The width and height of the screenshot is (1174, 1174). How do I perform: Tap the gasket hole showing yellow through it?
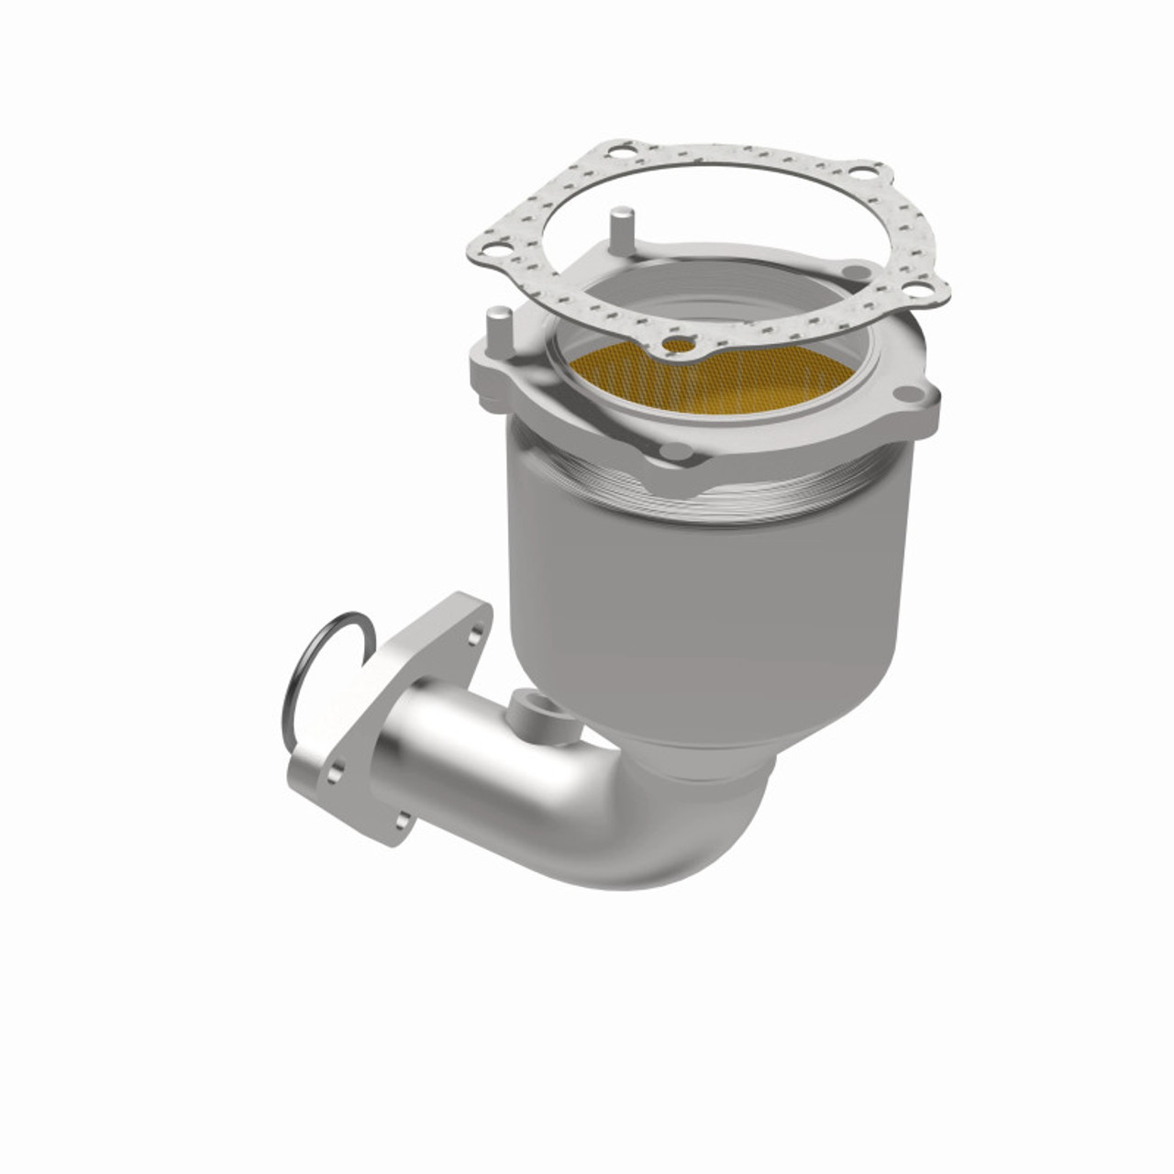pyautogui.click(x=680, y=346)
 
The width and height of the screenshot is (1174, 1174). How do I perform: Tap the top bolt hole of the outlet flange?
pyautogui.click(x=474, y=635)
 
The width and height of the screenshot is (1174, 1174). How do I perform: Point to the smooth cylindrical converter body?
pyautogui.click(x=706, y=605)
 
